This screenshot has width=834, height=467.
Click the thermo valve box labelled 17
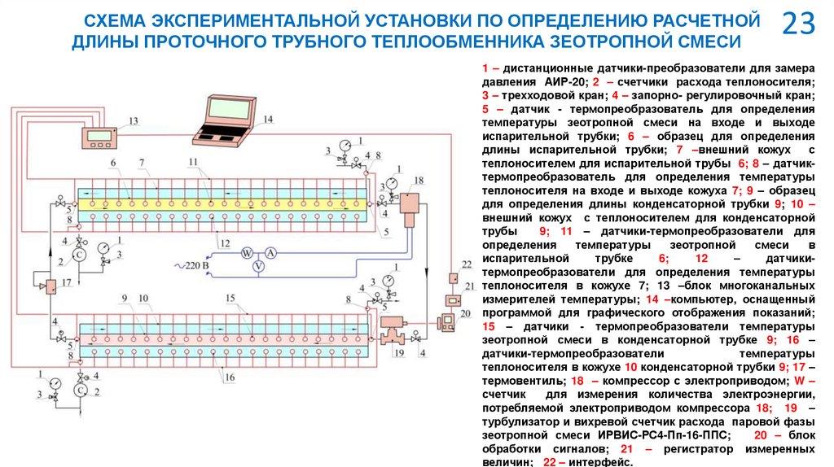coord(49,286)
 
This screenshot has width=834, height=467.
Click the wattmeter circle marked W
coord(244,254)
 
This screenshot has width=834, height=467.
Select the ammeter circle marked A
coord(272,254)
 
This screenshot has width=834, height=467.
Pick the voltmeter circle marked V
coord(258,266)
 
